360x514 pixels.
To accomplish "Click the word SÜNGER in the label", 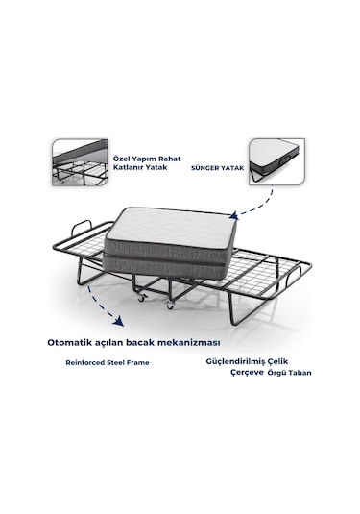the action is [x=204, y=168].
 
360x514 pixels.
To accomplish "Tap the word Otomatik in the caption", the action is [x=64, y=343].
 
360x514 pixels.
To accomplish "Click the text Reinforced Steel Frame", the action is [x=108, y=363].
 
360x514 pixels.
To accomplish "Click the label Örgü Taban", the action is [x=290, y=373].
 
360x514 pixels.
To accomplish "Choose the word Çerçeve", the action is [x=248, y=373].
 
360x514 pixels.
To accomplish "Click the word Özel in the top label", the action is [x=121, y=159].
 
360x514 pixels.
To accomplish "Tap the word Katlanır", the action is [x=127, y=167].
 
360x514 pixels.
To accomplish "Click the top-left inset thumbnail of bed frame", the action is [x=80, y=162].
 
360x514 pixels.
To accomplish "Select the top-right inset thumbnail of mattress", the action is [x=277, y=161].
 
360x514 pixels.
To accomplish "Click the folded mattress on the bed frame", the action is [x=170, y=243].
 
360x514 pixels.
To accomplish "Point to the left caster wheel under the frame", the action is [x=142, y=298].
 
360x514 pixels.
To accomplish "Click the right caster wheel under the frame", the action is [x=170, y=306].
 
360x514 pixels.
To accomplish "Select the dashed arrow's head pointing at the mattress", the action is [x=233, y=215].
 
